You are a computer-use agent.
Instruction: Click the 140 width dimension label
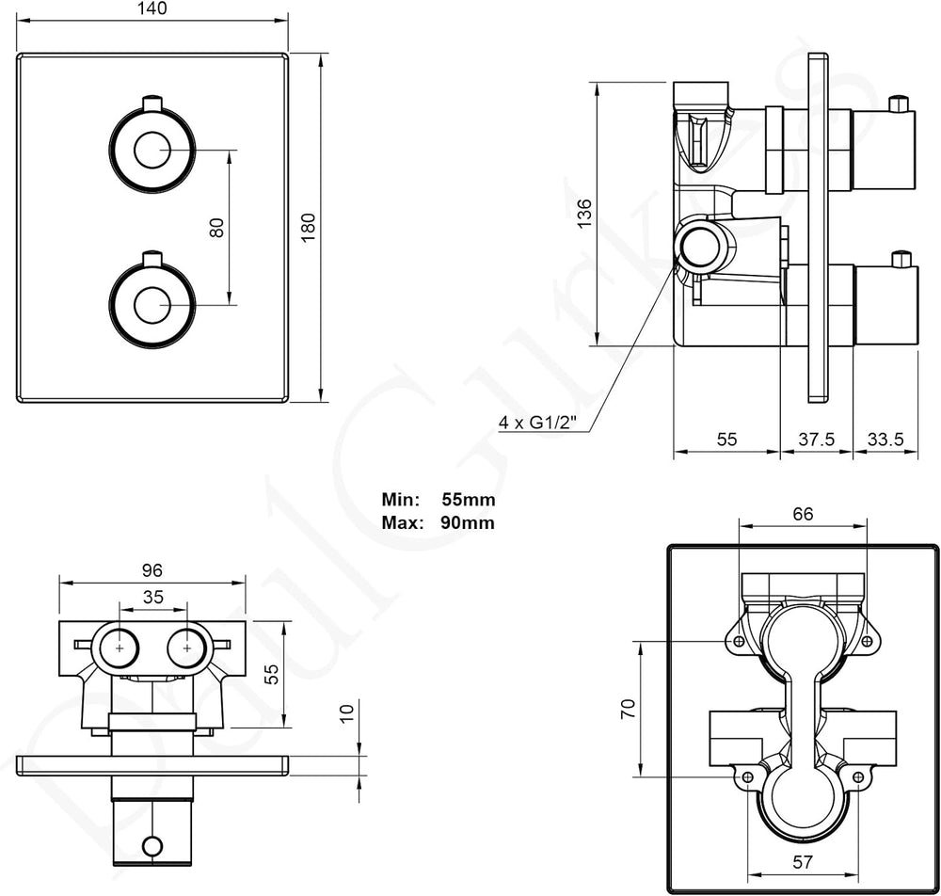point(152,9)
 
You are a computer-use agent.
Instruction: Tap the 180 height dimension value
point(308,227)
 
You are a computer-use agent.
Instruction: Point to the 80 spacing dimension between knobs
point(216,228)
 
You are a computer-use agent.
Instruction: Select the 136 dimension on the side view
point(583,213)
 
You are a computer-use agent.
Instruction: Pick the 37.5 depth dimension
point(816,440)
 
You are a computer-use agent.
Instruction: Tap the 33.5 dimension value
point(885,440)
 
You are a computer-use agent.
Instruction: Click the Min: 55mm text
point(439,500)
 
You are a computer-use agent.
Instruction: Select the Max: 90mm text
point(439,522)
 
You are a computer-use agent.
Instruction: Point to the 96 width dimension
point(152,569)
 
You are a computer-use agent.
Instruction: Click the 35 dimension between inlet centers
point(153,597)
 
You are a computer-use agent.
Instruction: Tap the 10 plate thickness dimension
point(347,713)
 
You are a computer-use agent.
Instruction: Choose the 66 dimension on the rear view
point(803,514)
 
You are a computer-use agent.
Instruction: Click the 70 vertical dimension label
point(628,709)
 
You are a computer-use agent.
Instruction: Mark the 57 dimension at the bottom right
point(803,862)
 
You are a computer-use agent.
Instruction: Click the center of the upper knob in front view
point(152,150)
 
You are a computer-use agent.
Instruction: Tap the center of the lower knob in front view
point(152,306)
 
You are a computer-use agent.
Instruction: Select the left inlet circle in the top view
point(120,648)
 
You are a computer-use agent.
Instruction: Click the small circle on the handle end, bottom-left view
point(152,846)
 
